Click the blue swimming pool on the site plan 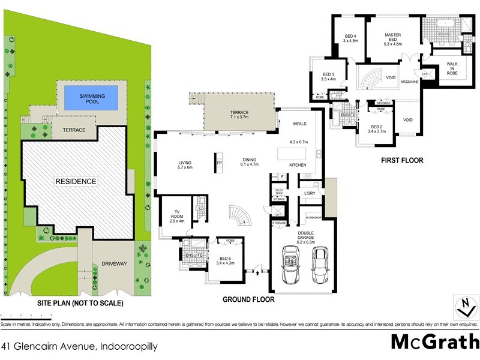click(92, 98)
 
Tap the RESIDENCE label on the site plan click(76, 181)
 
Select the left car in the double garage click(289, 265)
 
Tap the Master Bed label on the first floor click(392, 40)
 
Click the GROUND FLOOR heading click(248, 299)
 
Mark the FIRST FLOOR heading click(403, 161)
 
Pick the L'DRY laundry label click(310, 193)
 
